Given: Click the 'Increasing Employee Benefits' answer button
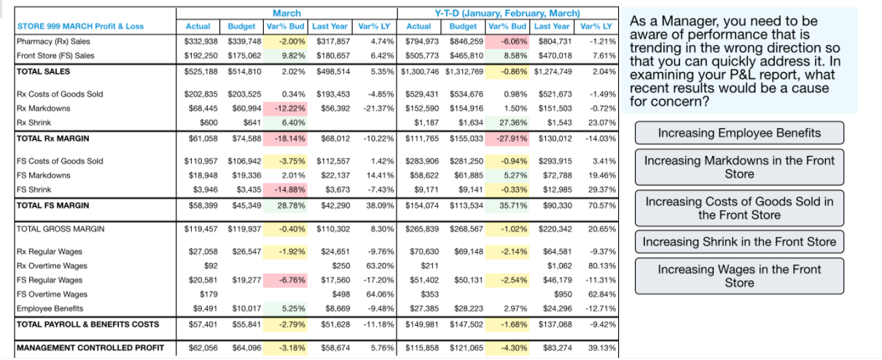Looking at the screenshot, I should (739, 133).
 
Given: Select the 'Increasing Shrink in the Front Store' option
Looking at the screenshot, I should (739, 241).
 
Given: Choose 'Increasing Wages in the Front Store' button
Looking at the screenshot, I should (739, 275).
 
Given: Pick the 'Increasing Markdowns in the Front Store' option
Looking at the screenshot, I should (739, 167).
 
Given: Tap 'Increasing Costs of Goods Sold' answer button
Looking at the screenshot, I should (739, 208).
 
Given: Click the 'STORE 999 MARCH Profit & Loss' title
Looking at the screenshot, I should (79, 26).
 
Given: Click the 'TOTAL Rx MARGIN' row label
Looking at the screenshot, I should (52, 138).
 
